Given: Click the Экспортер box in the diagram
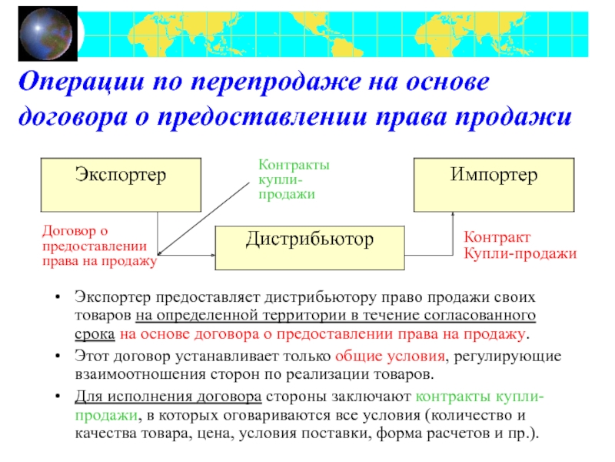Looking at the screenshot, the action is (121, 185).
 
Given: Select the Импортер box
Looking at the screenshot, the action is (494, 185).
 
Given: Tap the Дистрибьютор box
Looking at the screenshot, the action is (309, 249).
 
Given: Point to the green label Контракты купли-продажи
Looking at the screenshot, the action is (294, 179).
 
